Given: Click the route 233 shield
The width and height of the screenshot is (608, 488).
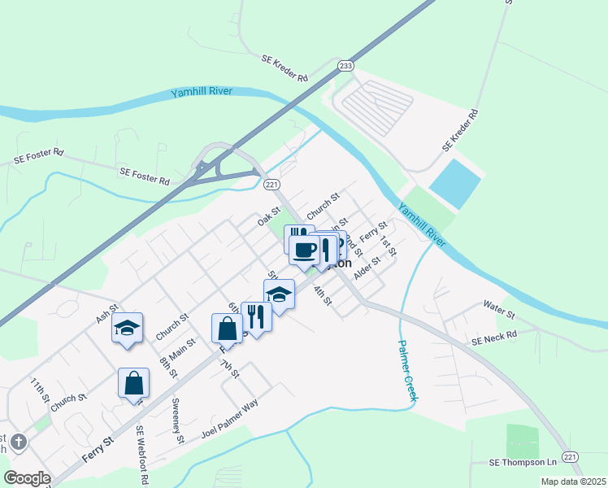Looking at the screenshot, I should click(346, 66).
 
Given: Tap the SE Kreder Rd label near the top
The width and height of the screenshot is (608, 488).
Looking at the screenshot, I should click(284, 68).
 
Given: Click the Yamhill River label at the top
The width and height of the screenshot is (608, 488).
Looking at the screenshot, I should click(202, 92).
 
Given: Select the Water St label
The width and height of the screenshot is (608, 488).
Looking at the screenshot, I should click(499, 310).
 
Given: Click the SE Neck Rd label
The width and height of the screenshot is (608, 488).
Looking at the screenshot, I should click(494, 335).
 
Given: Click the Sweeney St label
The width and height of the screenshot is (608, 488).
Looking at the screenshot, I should click(177, 420).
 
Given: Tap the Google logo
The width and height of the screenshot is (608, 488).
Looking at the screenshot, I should click(27, 478).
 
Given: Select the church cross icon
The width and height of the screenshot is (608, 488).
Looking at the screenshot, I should click(18, 442).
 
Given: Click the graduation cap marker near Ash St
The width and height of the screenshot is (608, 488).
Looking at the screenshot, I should click(127, 328).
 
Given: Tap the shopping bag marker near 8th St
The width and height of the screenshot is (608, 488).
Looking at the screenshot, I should click(133, 383).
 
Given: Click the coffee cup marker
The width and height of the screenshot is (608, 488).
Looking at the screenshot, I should click(304, 250).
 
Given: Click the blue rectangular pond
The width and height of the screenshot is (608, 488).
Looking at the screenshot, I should click(455, 181).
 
